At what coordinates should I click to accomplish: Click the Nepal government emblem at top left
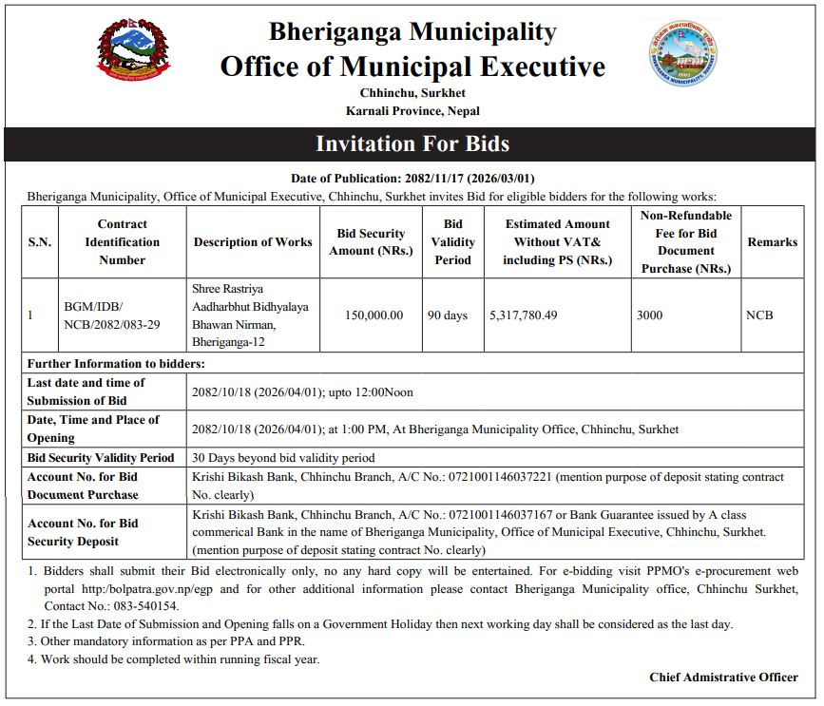pyautogui.click(x=135, y=50)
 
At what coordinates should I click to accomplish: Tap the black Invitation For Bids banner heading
pyautogui.click(x=412, y=144)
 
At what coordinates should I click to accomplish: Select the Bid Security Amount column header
pyautogui.click(x=371, y=242)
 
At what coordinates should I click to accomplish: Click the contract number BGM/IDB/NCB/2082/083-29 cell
pyautogui.click(x=111, y=315)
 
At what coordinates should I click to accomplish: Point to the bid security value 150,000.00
pyautogui.click(x=374, y=315)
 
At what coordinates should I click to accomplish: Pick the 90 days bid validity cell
pyautogui.click(x=448, y=315)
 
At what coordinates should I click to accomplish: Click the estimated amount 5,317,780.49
pyautogui.click(x=523, y=315)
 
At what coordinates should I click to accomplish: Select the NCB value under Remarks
pyautogui.click(x=760, y=315)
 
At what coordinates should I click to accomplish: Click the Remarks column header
pyautogui.click(x=772, y=242)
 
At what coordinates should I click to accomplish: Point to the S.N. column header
pyautogui.click(x=40, y=242)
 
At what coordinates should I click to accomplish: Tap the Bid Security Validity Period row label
pyautogui.click(x=101, y=458)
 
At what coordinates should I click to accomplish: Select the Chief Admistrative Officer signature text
pyautogui.click(x=723, y=677)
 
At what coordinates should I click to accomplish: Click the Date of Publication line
pyautogui.click(x=412, y=179)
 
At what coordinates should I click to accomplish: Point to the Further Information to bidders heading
pyautogui.click(x=116, y=364)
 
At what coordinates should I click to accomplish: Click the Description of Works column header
pyautogui.click(x=253, y=242)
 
